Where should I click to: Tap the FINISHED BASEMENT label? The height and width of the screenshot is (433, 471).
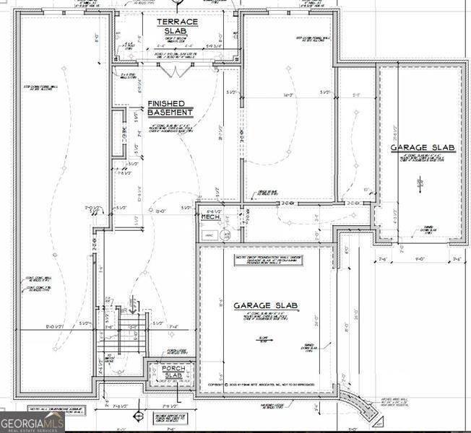[170, 108]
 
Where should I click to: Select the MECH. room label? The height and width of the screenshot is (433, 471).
[210, 216]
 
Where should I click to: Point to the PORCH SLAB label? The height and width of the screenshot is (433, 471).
[173, 372]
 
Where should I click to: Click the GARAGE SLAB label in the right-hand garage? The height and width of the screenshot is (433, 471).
[423, 148]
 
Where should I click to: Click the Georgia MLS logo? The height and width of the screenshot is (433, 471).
[33, 422]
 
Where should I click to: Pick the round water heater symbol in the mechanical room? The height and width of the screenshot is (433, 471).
[225, 234]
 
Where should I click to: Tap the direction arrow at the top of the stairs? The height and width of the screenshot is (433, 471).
[131, 303]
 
